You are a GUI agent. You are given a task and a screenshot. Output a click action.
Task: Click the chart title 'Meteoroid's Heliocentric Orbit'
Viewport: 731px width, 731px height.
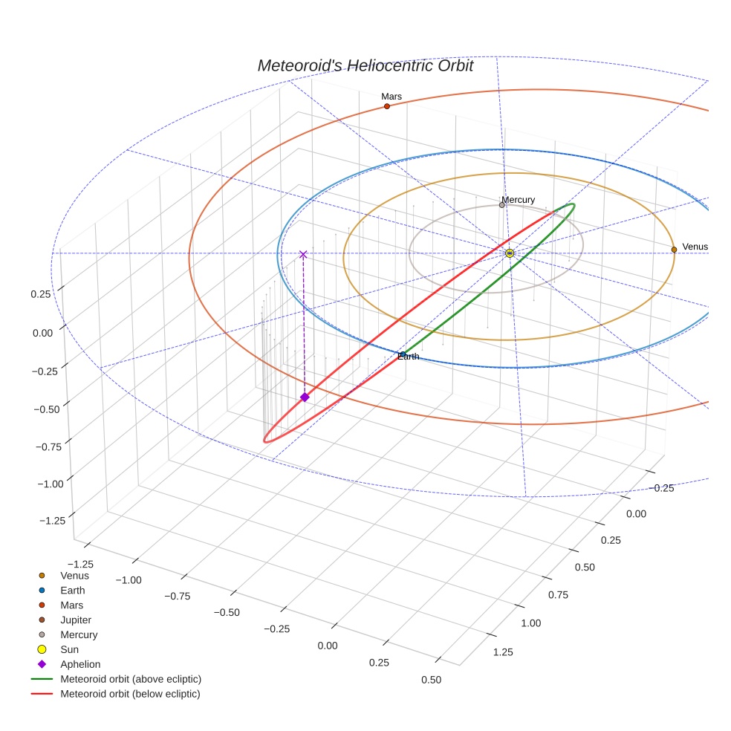[x=365, y=65]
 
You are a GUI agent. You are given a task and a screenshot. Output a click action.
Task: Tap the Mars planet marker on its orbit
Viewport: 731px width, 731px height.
[x=387, y=106]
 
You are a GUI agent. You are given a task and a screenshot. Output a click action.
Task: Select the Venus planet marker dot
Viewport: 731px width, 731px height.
[x=674, y=250]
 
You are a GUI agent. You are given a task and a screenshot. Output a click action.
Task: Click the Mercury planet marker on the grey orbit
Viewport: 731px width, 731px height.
[x=502, y=205]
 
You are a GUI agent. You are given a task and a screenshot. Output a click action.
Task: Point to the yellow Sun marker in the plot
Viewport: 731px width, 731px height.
[x=510, y=253]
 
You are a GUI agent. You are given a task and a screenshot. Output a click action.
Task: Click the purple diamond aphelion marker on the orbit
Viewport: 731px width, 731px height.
[x=305, y=397]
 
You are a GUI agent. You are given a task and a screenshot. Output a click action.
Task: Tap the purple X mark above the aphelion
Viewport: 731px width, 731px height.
[x=303, y=254]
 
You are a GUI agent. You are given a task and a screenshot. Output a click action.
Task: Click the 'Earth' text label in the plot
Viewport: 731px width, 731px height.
[x=408, y=357]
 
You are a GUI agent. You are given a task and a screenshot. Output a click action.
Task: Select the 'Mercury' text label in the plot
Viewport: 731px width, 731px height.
[x=518, y=200]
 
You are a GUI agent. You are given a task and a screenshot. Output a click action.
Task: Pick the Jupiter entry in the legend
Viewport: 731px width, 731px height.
[x=77, y=620]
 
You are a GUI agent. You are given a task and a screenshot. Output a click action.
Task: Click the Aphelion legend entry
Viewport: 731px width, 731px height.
[x=80, y=664]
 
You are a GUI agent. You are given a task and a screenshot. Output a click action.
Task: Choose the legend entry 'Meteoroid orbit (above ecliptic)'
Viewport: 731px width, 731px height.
[x=131, y=679]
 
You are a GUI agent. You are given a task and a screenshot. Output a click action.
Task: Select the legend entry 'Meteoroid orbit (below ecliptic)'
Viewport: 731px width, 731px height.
[x=130, y=694]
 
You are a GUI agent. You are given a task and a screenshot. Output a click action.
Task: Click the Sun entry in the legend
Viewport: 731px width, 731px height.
[x=69, y=649]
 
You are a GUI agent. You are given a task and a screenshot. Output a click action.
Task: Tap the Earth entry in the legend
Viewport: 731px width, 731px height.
[x=72, y=590]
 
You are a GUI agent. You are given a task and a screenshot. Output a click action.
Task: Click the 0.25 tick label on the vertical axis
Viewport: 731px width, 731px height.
[x=41, y=293]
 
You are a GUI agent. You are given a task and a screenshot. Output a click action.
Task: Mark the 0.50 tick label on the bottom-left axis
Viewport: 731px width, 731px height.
[x=431, y=680]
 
